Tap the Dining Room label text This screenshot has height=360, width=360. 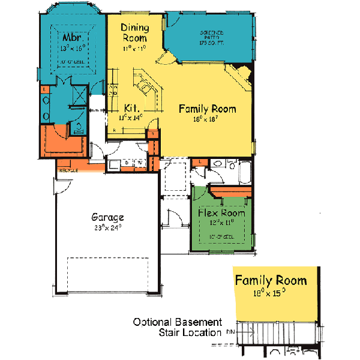pyautogui.click(x=134, y=32)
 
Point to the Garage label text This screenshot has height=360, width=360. pyautogui.click(x=107, y=217)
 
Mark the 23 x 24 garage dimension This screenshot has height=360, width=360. pyautogui.click(x=107, y=227)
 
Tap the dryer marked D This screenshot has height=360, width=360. pyautogui.click(x=128, y=163)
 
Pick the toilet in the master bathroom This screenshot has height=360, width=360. pyautogui.click(x=78, y=127)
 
